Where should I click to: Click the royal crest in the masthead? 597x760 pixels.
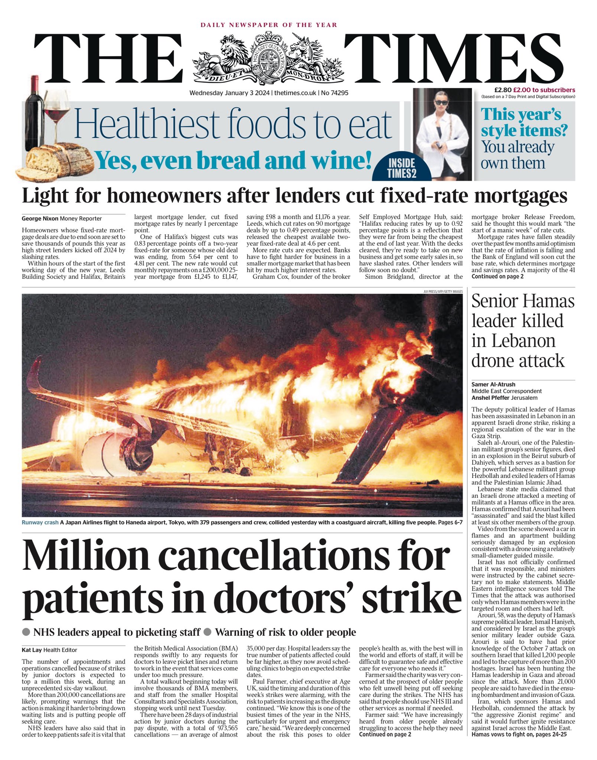click(x=268, y=58)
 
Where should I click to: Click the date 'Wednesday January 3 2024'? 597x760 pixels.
click(x=230, y=93)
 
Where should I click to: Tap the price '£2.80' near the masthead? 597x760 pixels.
click(x=503, y=90)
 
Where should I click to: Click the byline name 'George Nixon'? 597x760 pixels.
click(x=40, y=219)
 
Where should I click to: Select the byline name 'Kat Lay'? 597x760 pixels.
click(x=32, y=650)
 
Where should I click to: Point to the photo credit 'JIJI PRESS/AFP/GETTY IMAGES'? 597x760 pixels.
click(x=443, y=292)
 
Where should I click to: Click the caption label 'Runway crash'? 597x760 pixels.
click(x=40, y=522)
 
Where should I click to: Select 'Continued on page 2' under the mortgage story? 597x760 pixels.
click(x=497, y=276)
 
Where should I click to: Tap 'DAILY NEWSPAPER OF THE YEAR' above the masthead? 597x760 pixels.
click(x=269, y=25)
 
